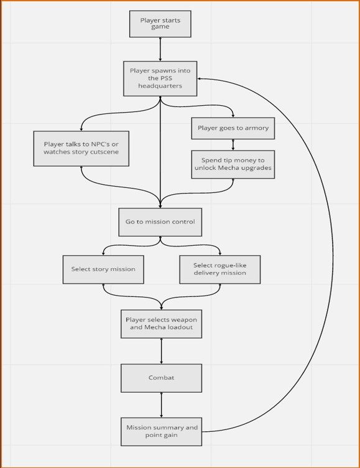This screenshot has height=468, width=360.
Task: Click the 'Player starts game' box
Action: tap(160, 24)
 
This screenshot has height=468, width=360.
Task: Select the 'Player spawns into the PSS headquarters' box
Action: tap(160, 78)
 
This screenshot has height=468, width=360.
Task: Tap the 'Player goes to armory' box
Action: tap(233, 128)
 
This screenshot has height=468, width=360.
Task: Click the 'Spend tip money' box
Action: tap(233, 164)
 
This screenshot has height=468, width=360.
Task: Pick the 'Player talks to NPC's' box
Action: tap(81, 148)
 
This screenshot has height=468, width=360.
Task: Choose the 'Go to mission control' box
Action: tap(160, 222)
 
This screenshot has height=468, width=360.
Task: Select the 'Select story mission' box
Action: tap(103, 269)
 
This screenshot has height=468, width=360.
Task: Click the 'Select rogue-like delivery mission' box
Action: tap(220, 269)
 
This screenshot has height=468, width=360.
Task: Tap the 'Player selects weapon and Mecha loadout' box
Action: tap(162, 324)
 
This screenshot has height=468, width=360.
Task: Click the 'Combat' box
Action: tap(162, 378)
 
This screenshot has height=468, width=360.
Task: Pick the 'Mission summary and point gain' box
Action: tap(162, 431)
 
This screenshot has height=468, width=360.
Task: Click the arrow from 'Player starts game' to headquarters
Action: tap(160, 49)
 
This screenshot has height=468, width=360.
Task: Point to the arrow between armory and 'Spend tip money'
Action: tap(233, 145)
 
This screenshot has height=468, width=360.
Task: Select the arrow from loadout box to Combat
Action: tap(162, 351)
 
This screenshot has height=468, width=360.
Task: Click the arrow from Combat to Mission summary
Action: tap(162, 405)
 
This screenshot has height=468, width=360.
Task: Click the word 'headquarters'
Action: tap(160, 86)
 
